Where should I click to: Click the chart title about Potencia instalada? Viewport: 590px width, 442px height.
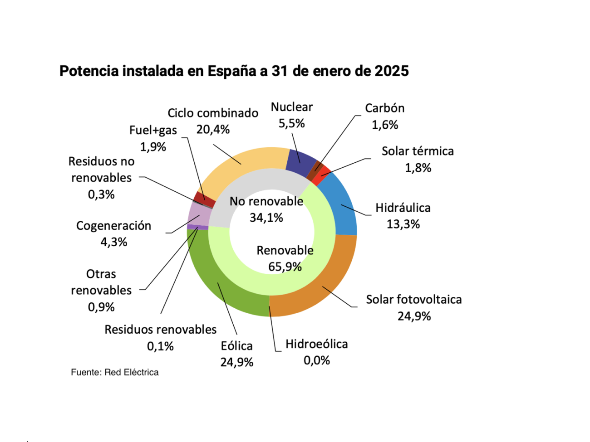(234, 71)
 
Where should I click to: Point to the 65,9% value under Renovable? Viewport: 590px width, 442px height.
(285, 267)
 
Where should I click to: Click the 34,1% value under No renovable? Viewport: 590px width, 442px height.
(266, 218)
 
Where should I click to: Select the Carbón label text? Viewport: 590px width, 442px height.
(384, 108)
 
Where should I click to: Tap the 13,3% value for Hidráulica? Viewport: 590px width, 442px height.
(403, 224)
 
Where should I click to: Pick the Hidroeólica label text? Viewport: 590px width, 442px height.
(316, 344)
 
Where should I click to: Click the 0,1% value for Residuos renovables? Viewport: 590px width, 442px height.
(160, 346)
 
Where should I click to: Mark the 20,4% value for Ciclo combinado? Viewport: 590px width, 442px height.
(213, 130)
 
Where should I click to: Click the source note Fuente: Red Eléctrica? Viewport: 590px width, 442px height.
(115, 372)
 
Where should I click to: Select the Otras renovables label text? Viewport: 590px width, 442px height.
(101, 282)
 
